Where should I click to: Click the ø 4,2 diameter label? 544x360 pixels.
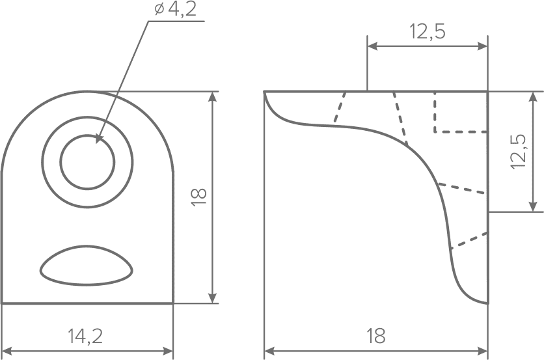tap(176, 10)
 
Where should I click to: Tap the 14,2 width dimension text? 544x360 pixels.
tap(85, 336)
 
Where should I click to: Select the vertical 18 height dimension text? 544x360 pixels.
tap(199, 197)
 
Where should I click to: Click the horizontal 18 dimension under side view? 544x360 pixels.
tap(375, 336)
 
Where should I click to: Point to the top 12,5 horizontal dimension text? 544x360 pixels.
tap(428, 32)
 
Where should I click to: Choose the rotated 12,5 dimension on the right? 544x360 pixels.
tap(519, 152)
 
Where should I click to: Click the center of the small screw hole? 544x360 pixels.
tap(87, 162)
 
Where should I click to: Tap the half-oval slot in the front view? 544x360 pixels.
tap(87, 266)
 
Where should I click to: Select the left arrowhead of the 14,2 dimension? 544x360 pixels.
tap(7, 351)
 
